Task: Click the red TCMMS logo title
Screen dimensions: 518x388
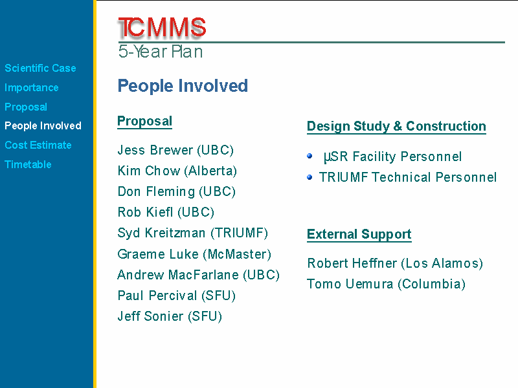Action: tap(162, 27)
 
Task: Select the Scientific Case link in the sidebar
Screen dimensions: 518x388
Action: tap(40, 68)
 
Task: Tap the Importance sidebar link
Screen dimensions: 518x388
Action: tap(31, 87)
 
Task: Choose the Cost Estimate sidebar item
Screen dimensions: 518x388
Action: tap(38, 145)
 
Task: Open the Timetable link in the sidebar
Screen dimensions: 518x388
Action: tap(28, 164)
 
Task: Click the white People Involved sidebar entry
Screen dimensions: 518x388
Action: tap(43, 125)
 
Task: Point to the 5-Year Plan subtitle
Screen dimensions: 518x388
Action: tap(161, 52)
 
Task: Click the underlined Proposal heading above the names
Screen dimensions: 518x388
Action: tap(144, 122)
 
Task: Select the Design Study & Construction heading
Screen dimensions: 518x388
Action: tap(396, 126)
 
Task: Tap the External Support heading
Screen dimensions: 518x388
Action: tap(359, 235)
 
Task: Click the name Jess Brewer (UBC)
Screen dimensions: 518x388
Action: tap(175, 150)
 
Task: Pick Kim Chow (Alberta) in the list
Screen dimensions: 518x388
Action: tap(177, 171)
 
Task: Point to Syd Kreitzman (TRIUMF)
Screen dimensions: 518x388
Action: tap(192, 233)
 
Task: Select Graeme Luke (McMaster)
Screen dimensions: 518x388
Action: tap(194, 254)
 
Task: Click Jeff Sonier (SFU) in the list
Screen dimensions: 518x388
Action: tap(170, 316)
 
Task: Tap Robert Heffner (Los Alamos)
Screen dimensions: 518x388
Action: tap(395, 263)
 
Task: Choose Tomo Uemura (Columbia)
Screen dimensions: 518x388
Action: tap(386, 284)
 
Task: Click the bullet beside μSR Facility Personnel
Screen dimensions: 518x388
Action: tap(310, 156)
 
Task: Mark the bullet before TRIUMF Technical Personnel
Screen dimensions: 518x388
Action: tap(310, 177)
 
